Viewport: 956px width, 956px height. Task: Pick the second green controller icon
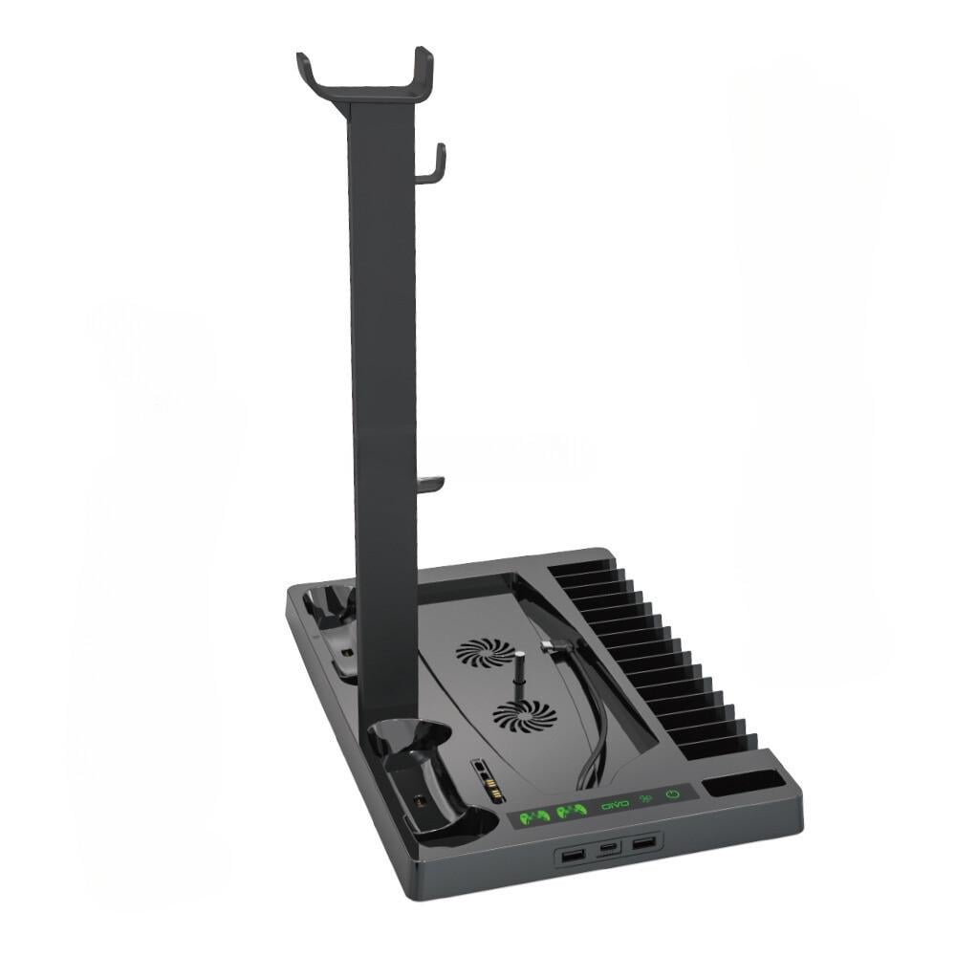tap(572, 811)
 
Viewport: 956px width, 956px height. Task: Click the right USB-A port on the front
tap(643, 843)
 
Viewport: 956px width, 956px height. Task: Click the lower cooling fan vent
tap(523, 714)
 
